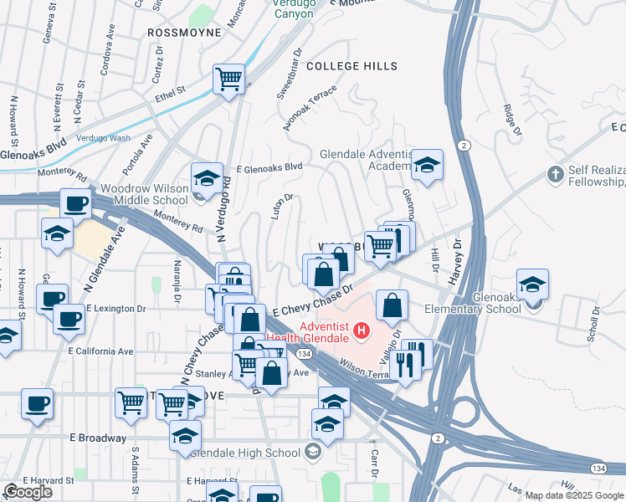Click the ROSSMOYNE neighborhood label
click(x=183, y=33)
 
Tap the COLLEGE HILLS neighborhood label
click(x=351, y=66)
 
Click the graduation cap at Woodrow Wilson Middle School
click(x=207, y=178)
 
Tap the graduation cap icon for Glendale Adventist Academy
click(x=427, y=165)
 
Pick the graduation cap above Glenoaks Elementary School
click(x=532, y=284)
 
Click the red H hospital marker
click(x=362, y=332)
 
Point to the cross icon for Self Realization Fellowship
click(x=554, y=174)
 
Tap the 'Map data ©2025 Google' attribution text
click(x=574, y=495)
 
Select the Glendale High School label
click(x=245, y=453)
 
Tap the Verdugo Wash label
click(x=102, y=137)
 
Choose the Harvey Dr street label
click(x=458, y=261)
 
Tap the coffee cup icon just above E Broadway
click(x=37, y=404)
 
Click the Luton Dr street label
click(x=282, y=208)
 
